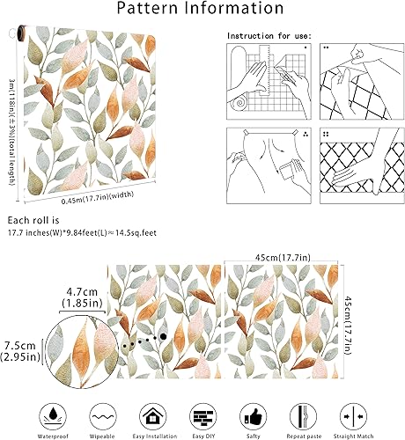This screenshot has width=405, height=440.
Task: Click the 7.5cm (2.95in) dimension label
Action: pyautogui.click(x=19, y=350)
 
